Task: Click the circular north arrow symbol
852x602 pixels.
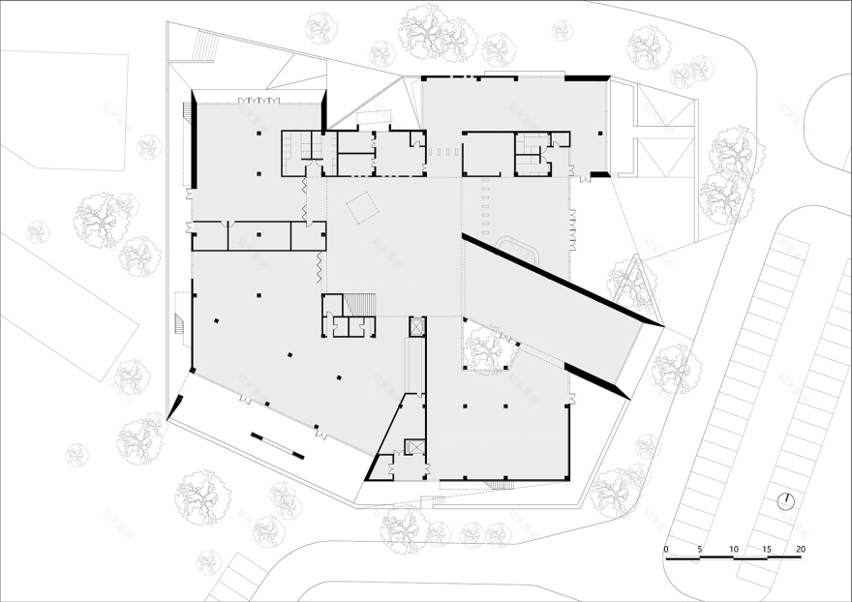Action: coord(788,500)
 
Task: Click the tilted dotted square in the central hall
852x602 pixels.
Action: coord(363,207)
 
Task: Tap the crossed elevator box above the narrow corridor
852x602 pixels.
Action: coord(417,326)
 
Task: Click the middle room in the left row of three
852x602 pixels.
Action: coord(259,236)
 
